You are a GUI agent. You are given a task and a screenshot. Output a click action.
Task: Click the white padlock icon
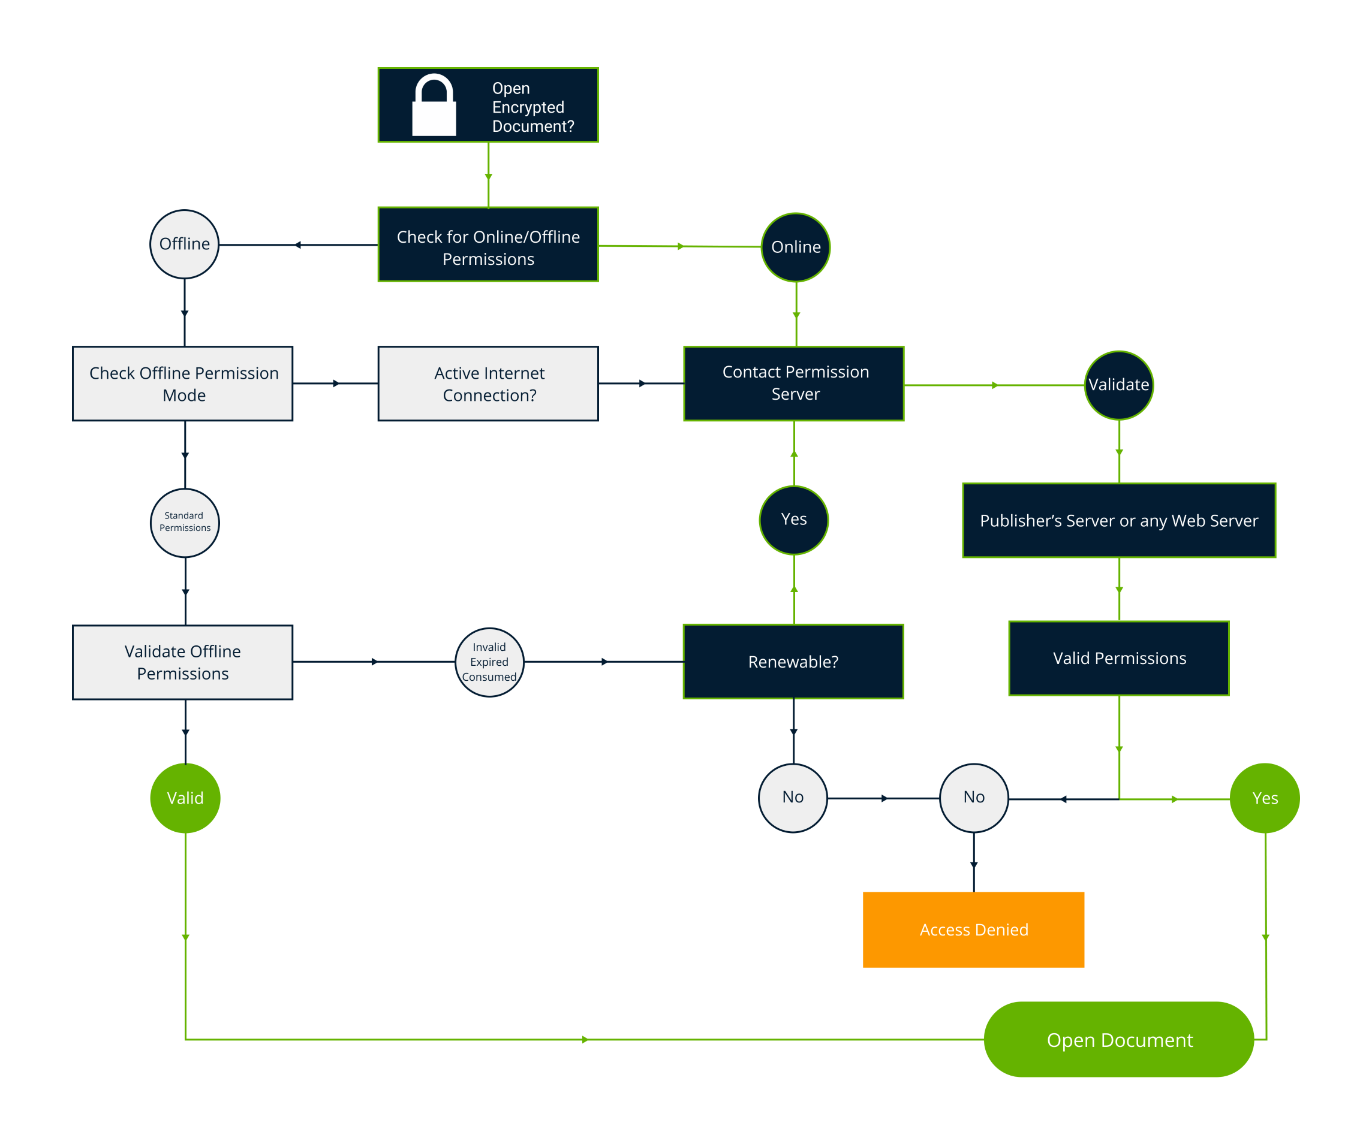434,106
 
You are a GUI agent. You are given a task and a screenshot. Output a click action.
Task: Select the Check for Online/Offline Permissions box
488,245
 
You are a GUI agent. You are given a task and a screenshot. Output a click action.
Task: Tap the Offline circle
184,245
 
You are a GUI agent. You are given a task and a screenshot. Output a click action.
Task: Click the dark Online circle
796,247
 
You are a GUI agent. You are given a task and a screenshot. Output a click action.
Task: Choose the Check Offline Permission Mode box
183,384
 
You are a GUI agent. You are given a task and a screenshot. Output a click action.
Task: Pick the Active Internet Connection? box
488,384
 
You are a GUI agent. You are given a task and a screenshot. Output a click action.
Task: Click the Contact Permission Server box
794,384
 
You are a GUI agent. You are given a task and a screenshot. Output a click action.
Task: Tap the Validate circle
1118,385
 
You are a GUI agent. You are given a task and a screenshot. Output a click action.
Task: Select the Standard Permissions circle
185,523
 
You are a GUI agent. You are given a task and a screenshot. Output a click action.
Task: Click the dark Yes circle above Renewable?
794,520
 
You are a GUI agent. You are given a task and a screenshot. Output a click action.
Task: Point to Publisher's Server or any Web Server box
1118,520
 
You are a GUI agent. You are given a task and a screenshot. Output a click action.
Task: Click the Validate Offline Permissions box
183,662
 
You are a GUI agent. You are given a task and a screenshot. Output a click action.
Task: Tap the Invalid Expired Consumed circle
489,662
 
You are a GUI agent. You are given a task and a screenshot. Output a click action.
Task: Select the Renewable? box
793,662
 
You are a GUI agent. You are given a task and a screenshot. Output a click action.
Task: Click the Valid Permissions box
1118,658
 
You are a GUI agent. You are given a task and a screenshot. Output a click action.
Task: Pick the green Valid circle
185,798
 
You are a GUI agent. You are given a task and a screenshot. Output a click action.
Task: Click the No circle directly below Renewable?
793,798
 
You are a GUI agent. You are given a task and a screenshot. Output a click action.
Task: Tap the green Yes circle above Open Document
1265,798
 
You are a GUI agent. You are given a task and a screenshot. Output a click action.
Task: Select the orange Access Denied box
973,930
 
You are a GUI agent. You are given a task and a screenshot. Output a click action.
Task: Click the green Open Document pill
1118,1040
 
